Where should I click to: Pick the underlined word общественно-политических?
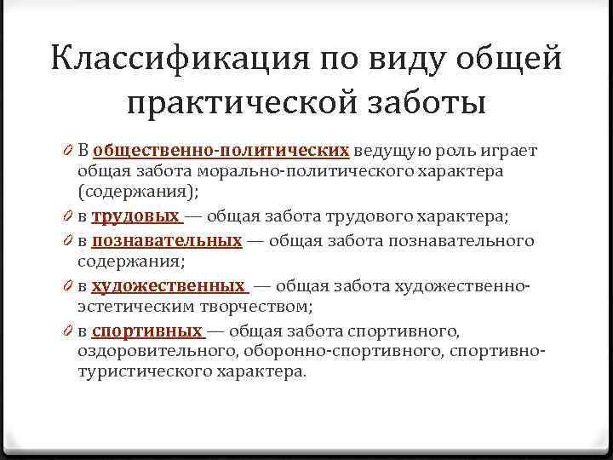tap(221, 151)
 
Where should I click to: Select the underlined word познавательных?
tap(167, 240)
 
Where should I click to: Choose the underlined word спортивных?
tap(146, 331)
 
